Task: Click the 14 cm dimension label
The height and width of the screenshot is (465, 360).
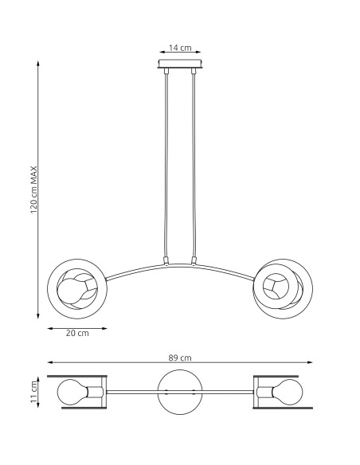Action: coord(180,48)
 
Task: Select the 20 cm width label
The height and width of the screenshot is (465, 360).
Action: coord(76,333)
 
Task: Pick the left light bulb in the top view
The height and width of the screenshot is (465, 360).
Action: coord(74,392)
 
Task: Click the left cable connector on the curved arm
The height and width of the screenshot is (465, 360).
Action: coord(166,260)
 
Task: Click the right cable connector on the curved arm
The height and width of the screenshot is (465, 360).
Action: coord(194,260)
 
